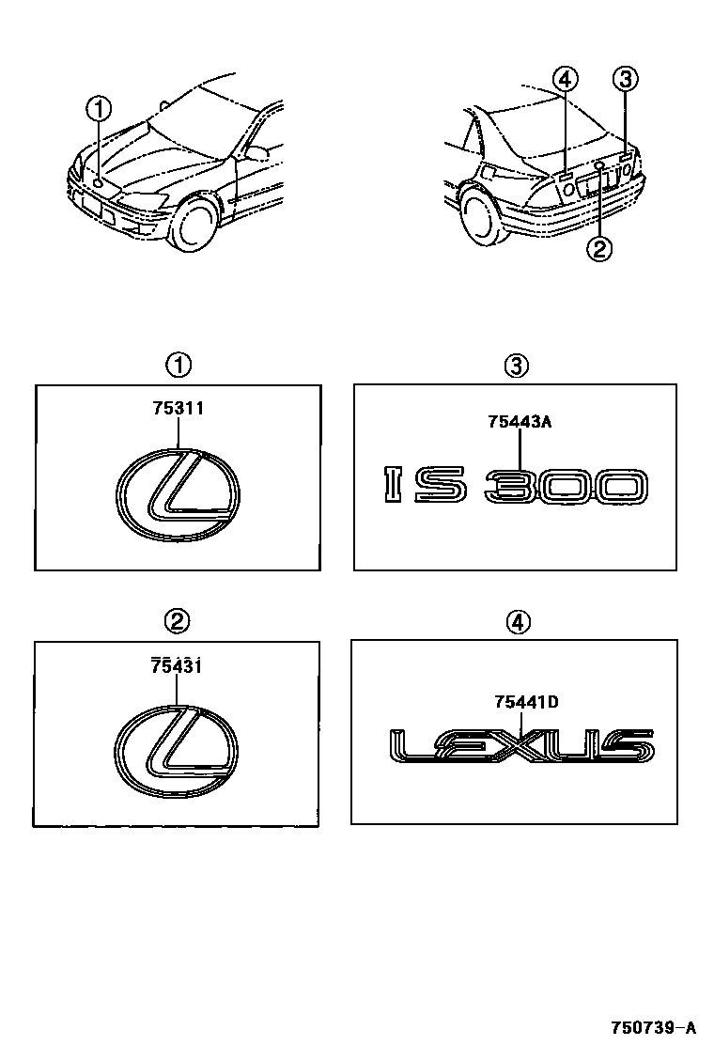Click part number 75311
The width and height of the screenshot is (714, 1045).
(x=178, y=408)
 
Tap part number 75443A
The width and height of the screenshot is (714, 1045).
(x=520, y=421)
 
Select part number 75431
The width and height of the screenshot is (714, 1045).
(x=176, y=665)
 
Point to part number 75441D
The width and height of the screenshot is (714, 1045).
(x=526, y=701)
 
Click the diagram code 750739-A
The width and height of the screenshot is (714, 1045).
(x=654, y=1025)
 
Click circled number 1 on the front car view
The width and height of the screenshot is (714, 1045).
(x=100, y=109)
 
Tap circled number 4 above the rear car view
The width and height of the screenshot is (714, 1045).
(x=565, y=80)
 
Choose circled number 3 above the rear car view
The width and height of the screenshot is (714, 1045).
(x=625, y=80)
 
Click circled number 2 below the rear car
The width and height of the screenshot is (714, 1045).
(x=598, y=249)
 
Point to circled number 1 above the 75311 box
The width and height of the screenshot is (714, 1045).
(x=178, y=366)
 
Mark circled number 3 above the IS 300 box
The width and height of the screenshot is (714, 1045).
(x=516, y=366)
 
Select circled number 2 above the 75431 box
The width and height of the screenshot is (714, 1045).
(x=178, y=621)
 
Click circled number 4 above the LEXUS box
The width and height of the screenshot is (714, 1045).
(x=519, y=622)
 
